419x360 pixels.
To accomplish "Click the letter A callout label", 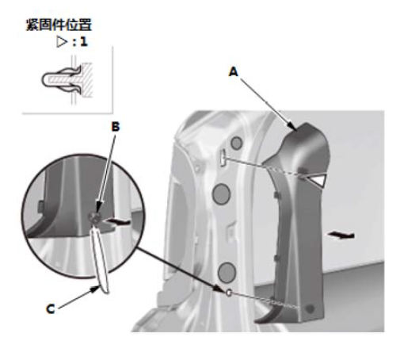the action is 234,71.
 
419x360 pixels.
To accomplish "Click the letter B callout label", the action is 116,127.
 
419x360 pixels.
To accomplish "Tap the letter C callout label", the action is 50,309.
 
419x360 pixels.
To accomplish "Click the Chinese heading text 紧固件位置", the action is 59,25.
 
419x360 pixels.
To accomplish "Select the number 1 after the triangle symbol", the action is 84,42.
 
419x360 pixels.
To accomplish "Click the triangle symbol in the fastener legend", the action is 62,42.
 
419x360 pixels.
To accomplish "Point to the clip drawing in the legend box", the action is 67,79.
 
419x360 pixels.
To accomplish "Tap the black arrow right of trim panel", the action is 341,236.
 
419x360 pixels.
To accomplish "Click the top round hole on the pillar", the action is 237,143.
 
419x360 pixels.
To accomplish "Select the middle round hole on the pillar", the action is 221,194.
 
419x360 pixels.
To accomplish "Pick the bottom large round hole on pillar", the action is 227,272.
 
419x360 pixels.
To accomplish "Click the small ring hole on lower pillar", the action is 229,293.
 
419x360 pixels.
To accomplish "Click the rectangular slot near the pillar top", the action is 223,158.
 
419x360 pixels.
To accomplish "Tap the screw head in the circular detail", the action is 95,217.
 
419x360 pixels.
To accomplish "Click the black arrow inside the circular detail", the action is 117,221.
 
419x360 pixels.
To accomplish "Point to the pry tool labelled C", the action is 100,259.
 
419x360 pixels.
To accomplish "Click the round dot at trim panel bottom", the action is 310,308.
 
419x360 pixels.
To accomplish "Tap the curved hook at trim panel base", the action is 267,315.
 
